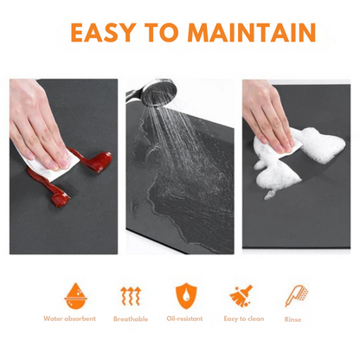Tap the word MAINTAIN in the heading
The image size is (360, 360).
click(252, 32)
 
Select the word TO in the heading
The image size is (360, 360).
click(162, 32)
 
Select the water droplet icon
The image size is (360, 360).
click(76, 296)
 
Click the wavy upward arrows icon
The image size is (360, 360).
click(131, 296)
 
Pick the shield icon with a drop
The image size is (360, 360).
click(186, 296)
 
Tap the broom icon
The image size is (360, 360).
click(241, 296)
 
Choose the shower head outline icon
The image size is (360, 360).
click(296, 296)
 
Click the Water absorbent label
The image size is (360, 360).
click(69, 318)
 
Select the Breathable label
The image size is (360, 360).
click(131, 319)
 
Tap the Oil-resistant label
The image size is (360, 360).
click(184, 318)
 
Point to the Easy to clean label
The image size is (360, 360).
click(244, 319)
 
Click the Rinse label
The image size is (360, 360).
click(292, 319)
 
